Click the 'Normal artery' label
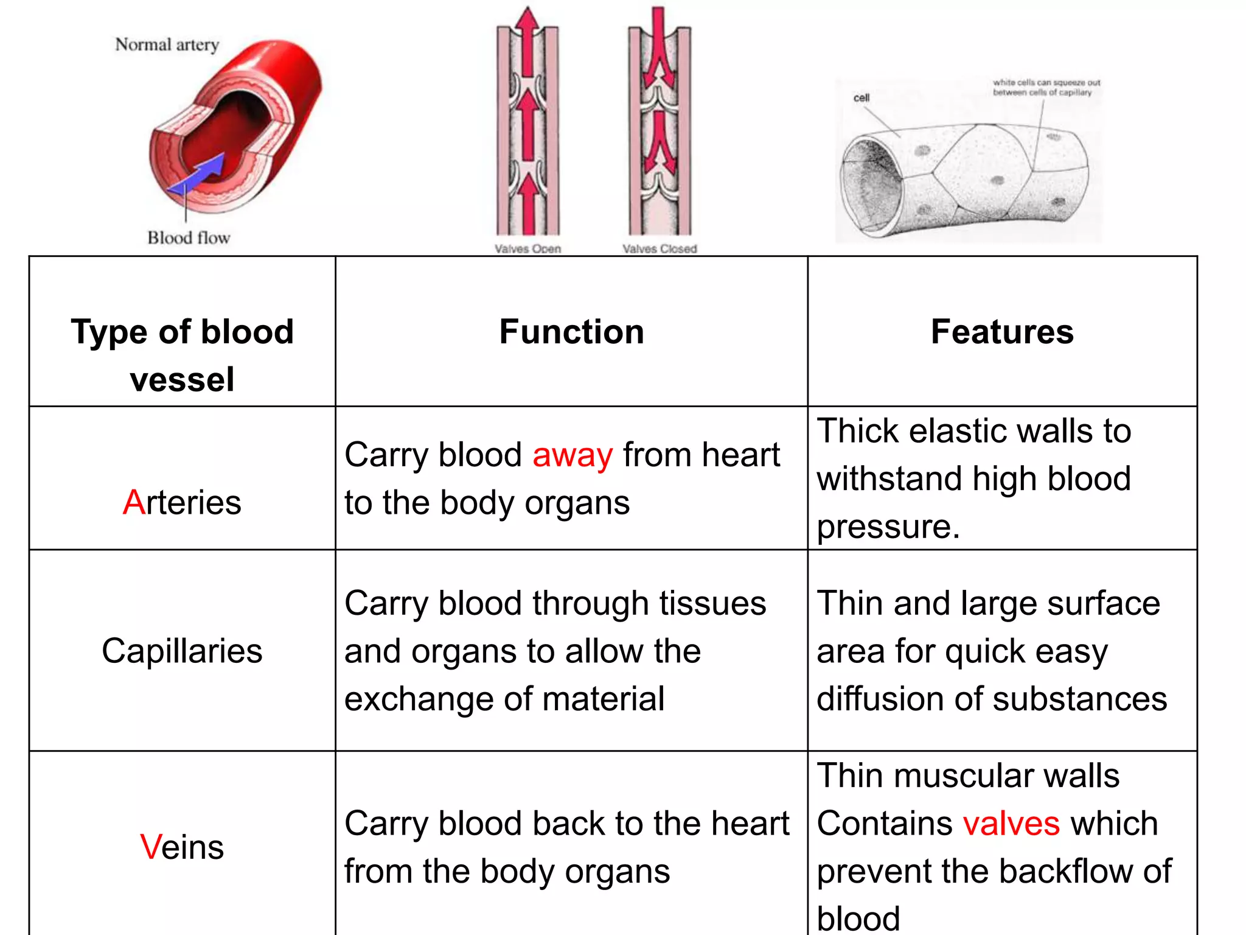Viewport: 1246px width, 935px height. [x=167, y=44]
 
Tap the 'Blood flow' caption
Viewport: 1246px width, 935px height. [x=189, y=237]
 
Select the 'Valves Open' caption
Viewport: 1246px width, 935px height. [x=527, y=248]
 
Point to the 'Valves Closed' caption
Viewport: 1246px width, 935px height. [x=660, y=248]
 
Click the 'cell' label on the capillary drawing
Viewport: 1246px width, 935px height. [x=861, y=98]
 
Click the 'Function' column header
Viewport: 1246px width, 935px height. [x=571, y=332]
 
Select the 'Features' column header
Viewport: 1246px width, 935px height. [x=1002, y=332]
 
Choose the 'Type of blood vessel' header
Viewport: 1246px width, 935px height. [x=182, y=355]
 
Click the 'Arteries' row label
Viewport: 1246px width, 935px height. [x=182, y=502]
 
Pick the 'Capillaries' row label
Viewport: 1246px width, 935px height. [x=182, y=651]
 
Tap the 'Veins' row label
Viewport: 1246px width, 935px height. [x=182, y=847]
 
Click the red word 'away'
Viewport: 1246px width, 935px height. [x=573, y=455]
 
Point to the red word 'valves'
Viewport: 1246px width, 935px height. [x=1011, y=824]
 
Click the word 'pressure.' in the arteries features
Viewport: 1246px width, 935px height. [x=888, y=527]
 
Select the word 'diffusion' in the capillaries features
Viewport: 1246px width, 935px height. [x=880, y=699]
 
